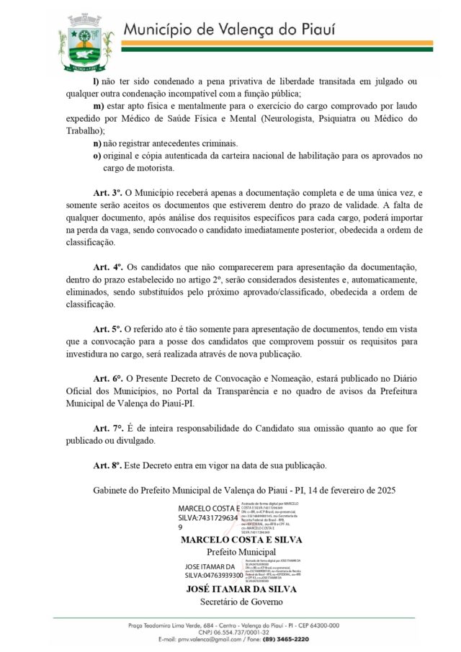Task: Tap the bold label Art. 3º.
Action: (x=108, y=194)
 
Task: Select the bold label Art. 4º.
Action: (x=108, y=267)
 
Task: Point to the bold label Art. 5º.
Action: (x=108, y=329)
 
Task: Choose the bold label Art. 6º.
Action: (x=108, y=378)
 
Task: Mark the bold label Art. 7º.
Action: (x=108, y=428)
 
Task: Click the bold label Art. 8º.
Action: (x=108, y=465)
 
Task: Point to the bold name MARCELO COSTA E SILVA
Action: (x=241, y=540)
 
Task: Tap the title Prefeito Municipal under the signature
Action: (x=241, y=552)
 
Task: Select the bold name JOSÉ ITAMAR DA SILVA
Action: (x=241, y=589)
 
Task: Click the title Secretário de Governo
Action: (x=241, y=601)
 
